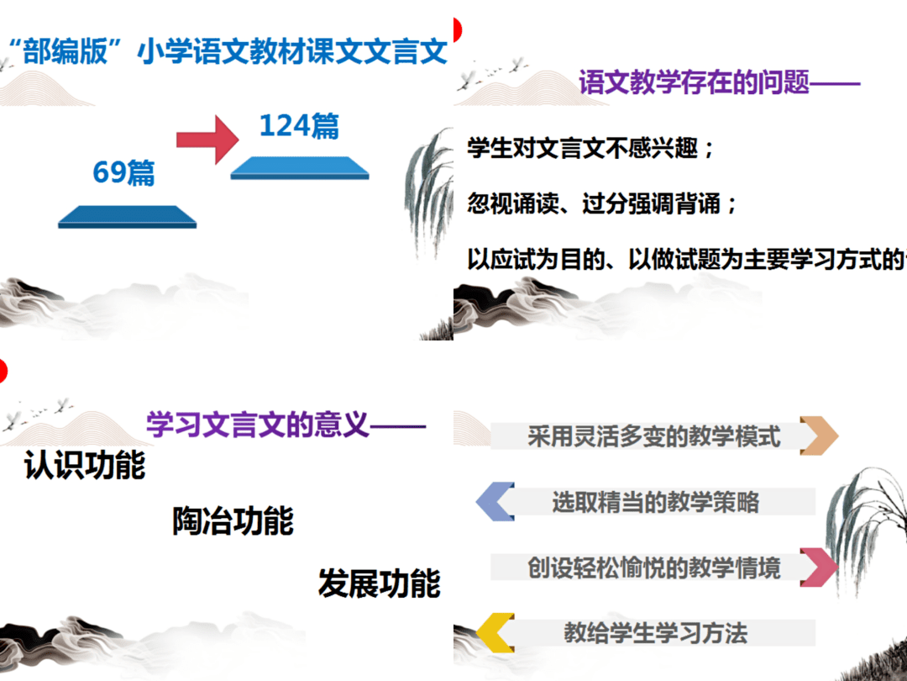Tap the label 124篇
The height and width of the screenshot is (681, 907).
299,125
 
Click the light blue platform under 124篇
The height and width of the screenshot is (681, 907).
299,167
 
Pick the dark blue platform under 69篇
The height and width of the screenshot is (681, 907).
127,216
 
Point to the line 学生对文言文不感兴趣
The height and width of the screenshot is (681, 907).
591,150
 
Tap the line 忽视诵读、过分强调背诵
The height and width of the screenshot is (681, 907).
602,203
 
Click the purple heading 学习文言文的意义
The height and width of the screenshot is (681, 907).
258,424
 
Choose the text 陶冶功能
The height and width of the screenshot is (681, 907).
233,521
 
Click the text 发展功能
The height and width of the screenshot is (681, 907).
379,583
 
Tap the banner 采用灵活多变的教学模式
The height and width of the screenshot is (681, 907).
653,436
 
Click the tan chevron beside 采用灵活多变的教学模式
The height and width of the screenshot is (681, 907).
819,436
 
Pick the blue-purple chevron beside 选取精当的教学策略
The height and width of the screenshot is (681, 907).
495,502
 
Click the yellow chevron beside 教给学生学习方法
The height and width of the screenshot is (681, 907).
495,632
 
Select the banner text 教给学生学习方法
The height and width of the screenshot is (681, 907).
655,632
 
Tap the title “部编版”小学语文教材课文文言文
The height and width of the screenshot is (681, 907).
227,52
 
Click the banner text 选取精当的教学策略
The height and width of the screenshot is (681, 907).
655,502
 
